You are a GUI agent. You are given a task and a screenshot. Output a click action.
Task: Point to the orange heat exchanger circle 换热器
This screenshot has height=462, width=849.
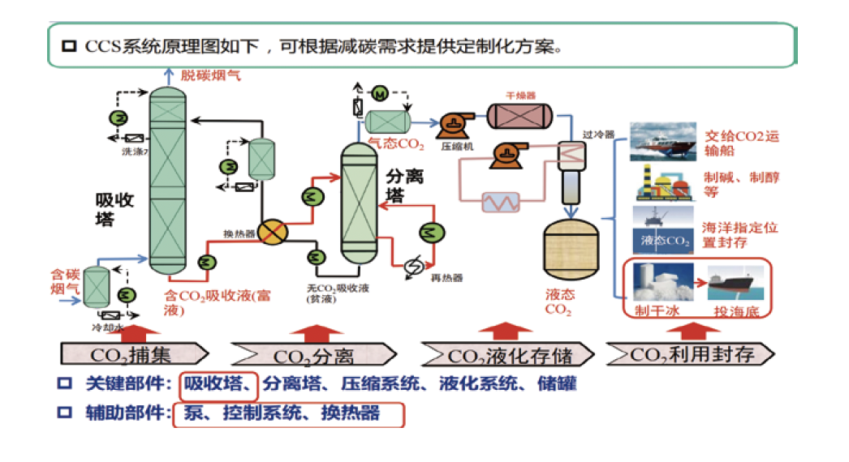[274, 233]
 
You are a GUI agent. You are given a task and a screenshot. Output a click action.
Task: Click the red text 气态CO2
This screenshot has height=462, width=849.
[397, 143]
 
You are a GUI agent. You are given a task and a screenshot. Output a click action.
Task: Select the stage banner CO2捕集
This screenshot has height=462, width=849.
[134, 354]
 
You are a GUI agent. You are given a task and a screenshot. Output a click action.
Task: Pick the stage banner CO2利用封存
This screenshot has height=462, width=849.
[690, 354]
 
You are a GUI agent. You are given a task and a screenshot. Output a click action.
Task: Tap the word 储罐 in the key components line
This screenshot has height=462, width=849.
[557, 383]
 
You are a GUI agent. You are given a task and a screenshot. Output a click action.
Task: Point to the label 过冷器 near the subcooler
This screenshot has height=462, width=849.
[599, 134]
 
